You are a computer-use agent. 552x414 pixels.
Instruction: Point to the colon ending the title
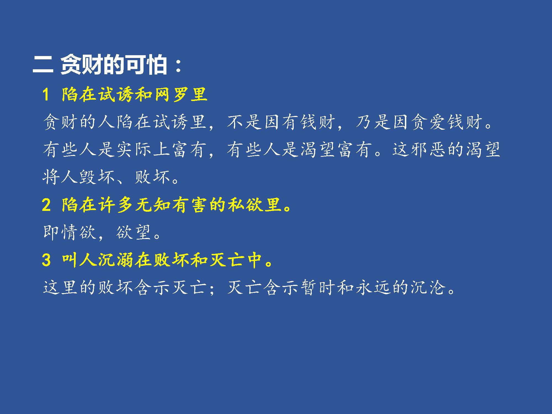click(178, 66)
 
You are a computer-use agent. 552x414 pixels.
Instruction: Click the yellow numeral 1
click(46, 95)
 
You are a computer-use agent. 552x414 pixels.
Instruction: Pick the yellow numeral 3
click(46, 260)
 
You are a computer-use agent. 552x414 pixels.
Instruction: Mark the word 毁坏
click(97, 177)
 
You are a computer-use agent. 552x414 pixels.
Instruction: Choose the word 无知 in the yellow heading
click(153, 205)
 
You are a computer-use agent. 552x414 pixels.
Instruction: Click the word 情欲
click(78, 232)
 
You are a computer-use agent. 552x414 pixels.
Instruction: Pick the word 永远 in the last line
click(373, 287)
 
